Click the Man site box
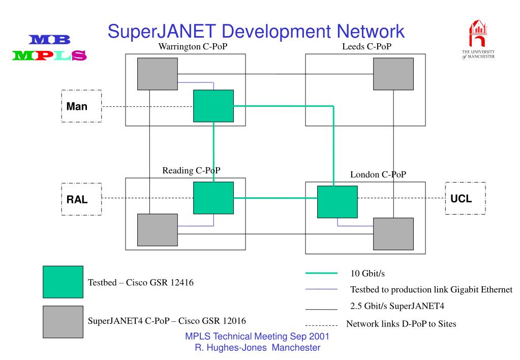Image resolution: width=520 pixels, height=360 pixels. tap(81, 106)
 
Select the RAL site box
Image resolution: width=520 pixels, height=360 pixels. tap(81, 199)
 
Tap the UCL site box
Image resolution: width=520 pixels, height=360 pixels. tap(465, 198)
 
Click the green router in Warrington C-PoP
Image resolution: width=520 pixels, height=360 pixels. tap(213, 106)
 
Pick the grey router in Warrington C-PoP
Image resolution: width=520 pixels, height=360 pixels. tap(158, 74)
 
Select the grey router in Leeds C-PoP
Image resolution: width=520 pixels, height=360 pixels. tap(393, 74)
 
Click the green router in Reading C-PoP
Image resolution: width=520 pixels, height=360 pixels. tap(213, 198)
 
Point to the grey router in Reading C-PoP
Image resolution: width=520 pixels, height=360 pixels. tap(158, 230)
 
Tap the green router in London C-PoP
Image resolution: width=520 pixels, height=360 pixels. tap(337, 202)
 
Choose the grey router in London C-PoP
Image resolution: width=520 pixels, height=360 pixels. tap(393, 234)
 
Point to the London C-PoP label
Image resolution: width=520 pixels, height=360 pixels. tap(378, 175)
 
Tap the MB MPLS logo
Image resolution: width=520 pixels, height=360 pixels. tap(49, 48)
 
